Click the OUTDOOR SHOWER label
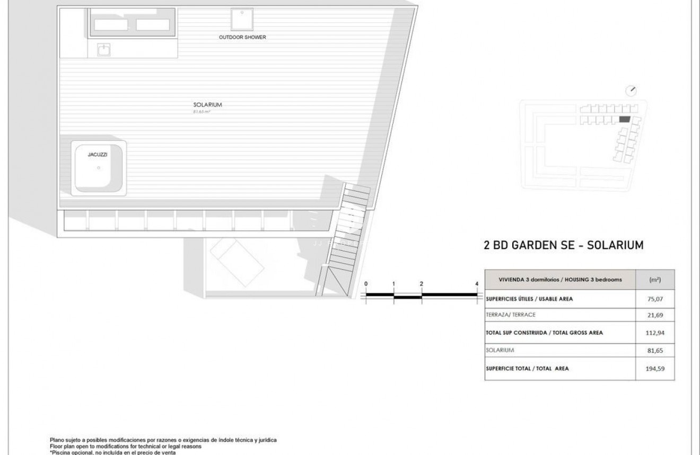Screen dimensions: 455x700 tap(242, 38)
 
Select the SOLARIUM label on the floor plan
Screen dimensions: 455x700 tap(207, 105)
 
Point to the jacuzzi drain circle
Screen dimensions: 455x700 tap(99, 168)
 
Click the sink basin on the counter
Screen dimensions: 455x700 tap(104, 50)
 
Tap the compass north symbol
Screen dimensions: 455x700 tap(631, 91)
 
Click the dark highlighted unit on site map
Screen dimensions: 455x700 tap(625, 120)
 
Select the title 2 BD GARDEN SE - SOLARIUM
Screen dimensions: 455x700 tap(564, 245)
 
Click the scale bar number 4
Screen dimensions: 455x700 tap(477, 284)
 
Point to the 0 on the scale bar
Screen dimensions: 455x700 tap(366, 284)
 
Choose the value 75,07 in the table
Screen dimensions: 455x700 tap(655, 299)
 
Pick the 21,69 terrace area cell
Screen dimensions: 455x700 tap(655, 315)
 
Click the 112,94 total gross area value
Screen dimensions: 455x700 tap(655, 333)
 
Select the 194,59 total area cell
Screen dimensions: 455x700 tap(655, 369)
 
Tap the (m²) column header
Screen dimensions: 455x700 tap(655, 280)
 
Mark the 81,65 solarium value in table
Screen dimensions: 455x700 tap(655, 351)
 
